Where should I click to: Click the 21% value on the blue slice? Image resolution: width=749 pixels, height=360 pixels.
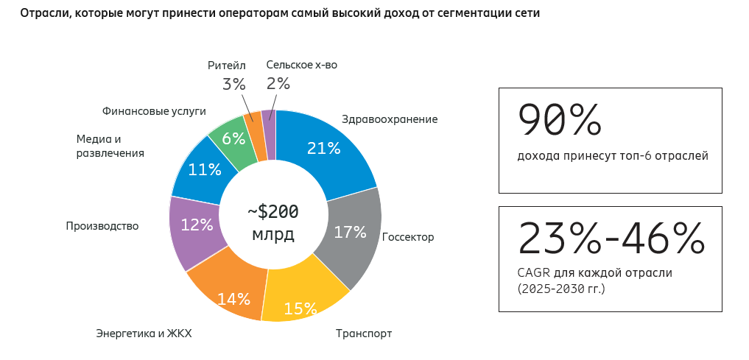pos(323,148)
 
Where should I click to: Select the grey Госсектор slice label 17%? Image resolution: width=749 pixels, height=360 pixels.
pos(350,233)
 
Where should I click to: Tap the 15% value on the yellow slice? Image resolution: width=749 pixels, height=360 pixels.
pos(300,308)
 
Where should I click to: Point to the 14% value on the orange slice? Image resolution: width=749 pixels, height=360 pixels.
pos(233,299)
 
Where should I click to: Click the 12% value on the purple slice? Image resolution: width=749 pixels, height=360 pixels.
pos(197,225)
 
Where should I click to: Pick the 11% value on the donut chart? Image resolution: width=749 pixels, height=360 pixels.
pos(204,169)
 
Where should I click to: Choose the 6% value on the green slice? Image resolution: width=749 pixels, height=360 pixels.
pos(233,138)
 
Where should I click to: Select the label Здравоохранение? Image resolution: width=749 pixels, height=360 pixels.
pos(390,119)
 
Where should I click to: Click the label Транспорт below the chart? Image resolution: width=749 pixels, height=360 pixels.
pos(364,333)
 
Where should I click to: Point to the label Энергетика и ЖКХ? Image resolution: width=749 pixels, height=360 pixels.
pos(144,333)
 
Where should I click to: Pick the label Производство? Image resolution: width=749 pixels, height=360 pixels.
pos(102,226)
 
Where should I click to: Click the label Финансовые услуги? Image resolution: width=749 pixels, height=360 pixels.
pos(154,111)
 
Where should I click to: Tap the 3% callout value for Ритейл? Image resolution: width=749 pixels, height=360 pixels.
pos(233,85)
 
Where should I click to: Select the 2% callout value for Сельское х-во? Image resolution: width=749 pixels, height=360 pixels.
pos(278,84)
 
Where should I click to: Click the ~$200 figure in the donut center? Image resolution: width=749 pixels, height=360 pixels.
pos(273,212)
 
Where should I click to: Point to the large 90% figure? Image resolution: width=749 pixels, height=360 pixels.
pos(560,120)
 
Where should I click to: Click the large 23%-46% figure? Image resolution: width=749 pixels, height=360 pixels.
pos(611,239)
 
